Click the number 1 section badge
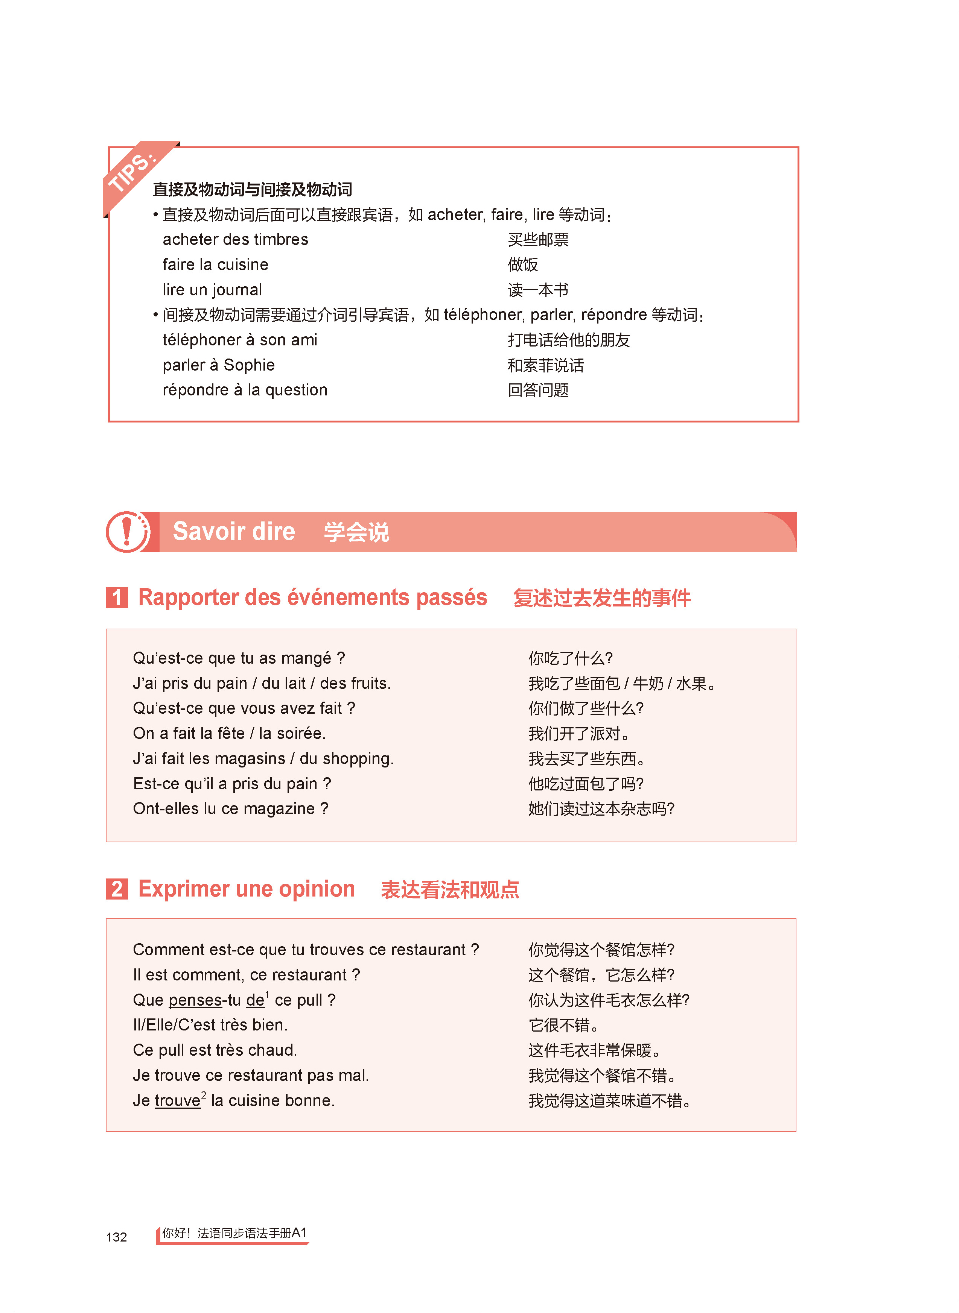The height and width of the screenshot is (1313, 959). click(117, 597)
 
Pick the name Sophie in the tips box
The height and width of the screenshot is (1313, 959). click(249, 365)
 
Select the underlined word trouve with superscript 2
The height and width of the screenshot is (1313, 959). click(177, 1101)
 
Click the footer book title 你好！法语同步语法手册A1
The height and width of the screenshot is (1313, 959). click(234, 1233)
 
